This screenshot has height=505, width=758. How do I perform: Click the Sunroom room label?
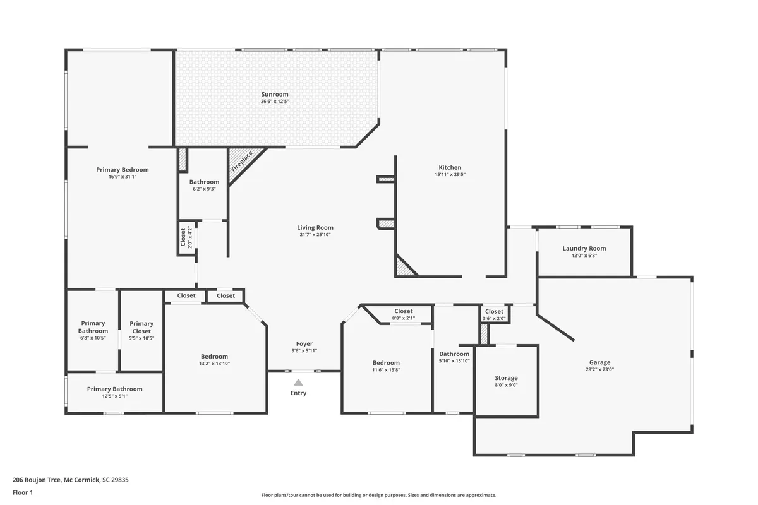click(275, 94)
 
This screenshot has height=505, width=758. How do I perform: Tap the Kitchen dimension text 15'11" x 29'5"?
click(450, 174)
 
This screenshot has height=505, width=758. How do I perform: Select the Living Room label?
click(315, 227)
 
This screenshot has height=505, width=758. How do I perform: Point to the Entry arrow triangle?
click(298, 382)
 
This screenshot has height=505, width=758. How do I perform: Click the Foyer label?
click(304, 343)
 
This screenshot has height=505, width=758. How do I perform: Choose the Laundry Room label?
click(584, 249)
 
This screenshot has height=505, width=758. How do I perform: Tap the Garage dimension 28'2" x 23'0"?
click(599, 369)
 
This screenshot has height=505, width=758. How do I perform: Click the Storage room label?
click(506, 378)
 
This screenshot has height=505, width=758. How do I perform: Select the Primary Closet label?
click(141, 327)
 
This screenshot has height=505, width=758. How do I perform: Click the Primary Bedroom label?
click(123, 169)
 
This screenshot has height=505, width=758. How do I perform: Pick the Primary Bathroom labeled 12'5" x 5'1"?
click(115, 389)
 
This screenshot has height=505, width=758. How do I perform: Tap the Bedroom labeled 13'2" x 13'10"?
click(214, 356)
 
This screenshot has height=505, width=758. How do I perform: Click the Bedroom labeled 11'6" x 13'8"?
click(386, 362)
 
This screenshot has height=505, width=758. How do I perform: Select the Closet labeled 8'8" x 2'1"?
click(403, 311)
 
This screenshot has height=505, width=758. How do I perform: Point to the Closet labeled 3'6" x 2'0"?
click(494, 311)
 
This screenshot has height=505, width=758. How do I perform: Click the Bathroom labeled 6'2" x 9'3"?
click(204, 182)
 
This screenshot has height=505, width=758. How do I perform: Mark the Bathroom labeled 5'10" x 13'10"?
click(454, 353)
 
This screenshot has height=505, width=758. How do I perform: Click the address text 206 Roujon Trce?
click(37, 480)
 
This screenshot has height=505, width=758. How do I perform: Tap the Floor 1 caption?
click(22, 492)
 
